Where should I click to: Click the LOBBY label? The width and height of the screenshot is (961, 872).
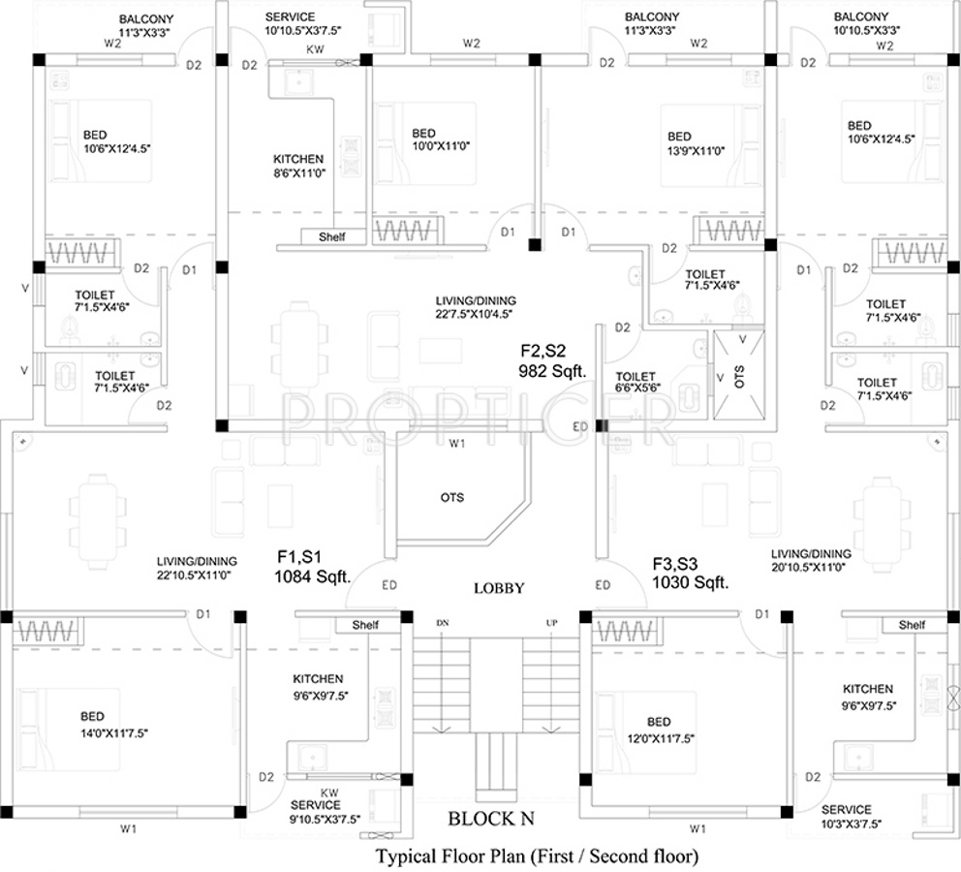[499, 588]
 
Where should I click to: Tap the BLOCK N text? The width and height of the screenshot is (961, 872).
[490, 819]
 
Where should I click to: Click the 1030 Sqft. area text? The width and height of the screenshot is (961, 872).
[690, 582]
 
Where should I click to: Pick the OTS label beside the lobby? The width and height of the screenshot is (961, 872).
[451, 498]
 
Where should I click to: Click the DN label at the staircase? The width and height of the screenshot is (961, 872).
[443, 622]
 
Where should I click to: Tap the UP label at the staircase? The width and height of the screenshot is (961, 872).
[551, 622]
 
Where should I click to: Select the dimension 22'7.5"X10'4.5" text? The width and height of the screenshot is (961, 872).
[475, 314]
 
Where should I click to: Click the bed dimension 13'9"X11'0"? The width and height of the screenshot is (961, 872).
[693, 150]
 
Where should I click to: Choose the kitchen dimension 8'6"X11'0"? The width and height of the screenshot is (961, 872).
[298, 172]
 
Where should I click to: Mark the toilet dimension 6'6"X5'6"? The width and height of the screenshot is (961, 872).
[635, 390]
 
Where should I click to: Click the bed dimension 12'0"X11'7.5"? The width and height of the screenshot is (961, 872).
[659, 737]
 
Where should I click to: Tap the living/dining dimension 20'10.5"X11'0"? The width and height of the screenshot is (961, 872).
[812, 568]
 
